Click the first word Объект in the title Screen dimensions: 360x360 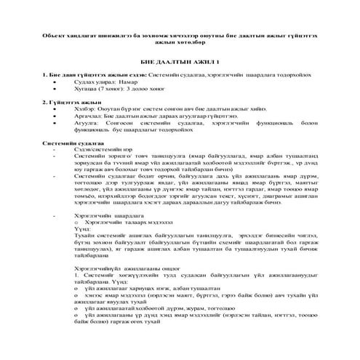click(x=55, y=35)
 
